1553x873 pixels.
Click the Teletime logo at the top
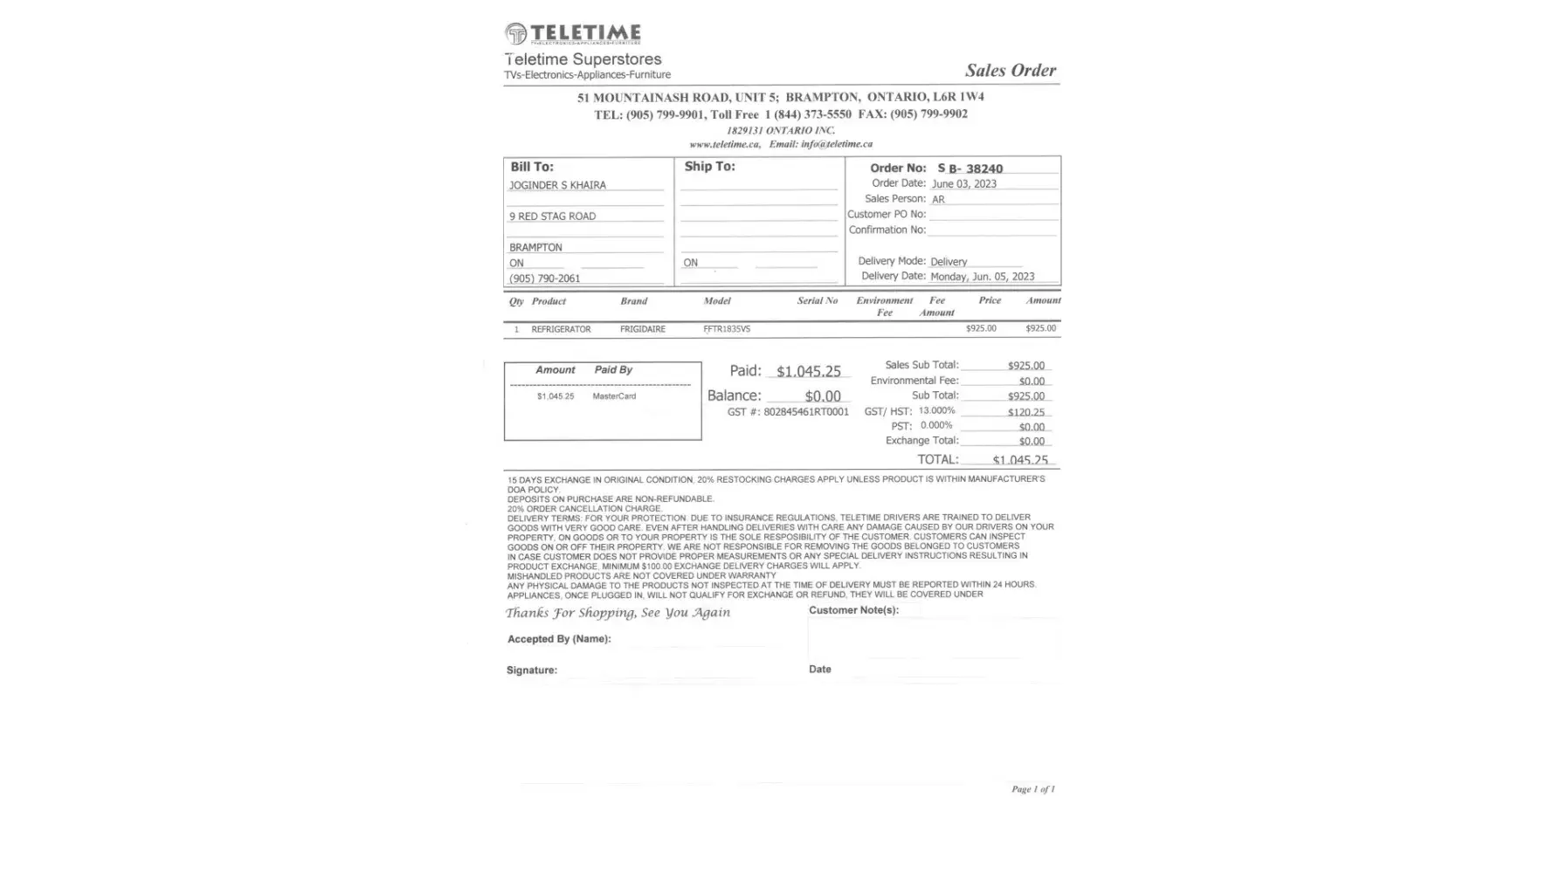coord(573,34)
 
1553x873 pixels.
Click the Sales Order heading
coord(1010,71)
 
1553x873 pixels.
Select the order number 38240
coord(984,168)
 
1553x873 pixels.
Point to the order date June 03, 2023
coord(963,184)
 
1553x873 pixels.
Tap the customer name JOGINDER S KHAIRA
coord(557,185)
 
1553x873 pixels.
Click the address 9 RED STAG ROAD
coord(552,217)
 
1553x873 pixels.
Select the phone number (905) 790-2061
coord(544,278)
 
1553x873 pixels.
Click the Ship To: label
coord(709,167)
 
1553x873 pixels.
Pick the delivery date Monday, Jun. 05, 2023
coord(982,277)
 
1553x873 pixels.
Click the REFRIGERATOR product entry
coord(561,329)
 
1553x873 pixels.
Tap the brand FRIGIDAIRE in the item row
coord(642,329)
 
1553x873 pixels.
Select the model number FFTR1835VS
coord(727,329)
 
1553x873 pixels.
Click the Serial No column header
coord(817,301)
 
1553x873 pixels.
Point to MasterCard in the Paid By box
coord(614,396)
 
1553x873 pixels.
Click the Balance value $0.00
coord(823,396)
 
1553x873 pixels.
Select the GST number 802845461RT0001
coord(805,412)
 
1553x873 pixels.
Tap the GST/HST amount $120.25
coord(1025,412)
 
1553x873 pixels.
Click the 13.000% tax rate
coord(936,410)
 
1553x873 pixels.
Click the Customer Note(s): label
coord(853,610)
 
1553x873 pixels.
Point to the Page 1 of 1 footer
coord(1032,789)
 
